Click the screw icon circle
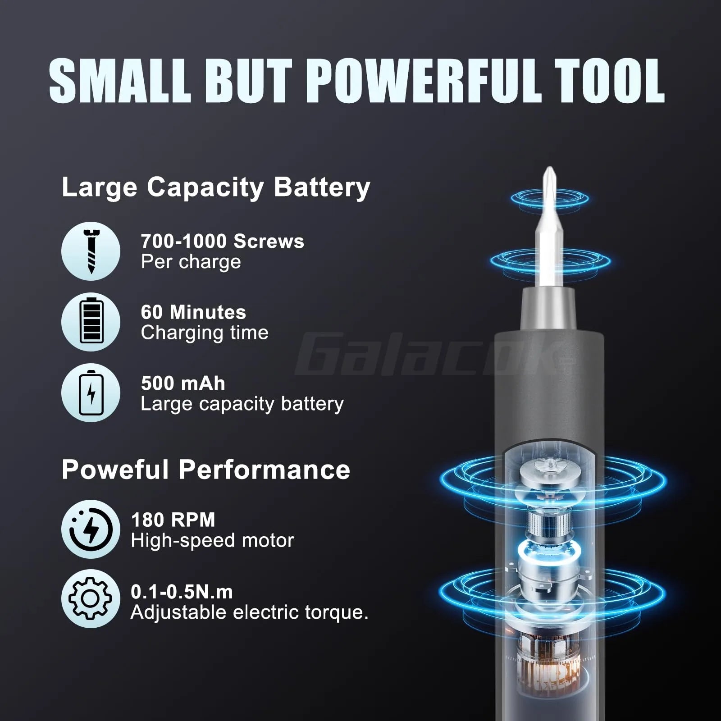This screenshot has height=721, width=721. click(x=91, y=251)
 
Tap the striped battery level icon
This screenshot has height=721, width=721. click(x=91, y=322)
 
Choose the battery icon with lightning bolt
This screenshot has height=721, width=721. click(x=91, y=392)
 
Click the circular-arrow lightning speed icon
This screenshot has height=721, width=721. click(x=91, y=529)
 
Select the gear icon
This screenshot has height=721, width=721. click(x=91, y=599)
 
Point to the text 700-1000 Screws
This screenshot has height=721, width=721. click(x=222, y=242)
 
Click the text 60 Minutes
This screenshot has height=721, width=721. click(x=193, y=312)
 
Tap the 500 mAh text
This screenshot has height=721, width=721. click(x=183, y=383)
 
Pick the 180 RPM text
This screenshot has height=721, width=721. click(x=173, y=520)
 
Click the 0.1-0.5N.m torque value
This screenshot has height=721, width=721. click(x=182, y=592)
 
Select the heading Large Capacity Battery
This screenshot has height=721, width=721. click(x=216, y=187)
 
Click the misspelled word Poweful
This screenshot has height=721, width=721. click(x=115, y=470)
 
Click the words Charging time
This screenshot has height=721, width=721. click(x=205, y=333)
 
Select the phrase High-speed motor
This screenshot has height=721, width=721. click(x=212, y=540)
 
